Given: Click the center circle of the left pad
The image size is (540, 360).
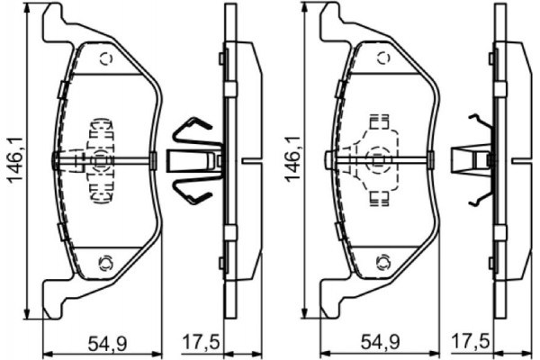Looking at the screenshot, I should (99, 162).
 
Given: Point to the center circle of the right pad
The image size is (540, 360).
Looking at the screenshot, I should (376, 162).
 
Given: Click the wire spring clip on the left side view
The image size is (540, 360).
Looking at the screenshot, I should (193, 162).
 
